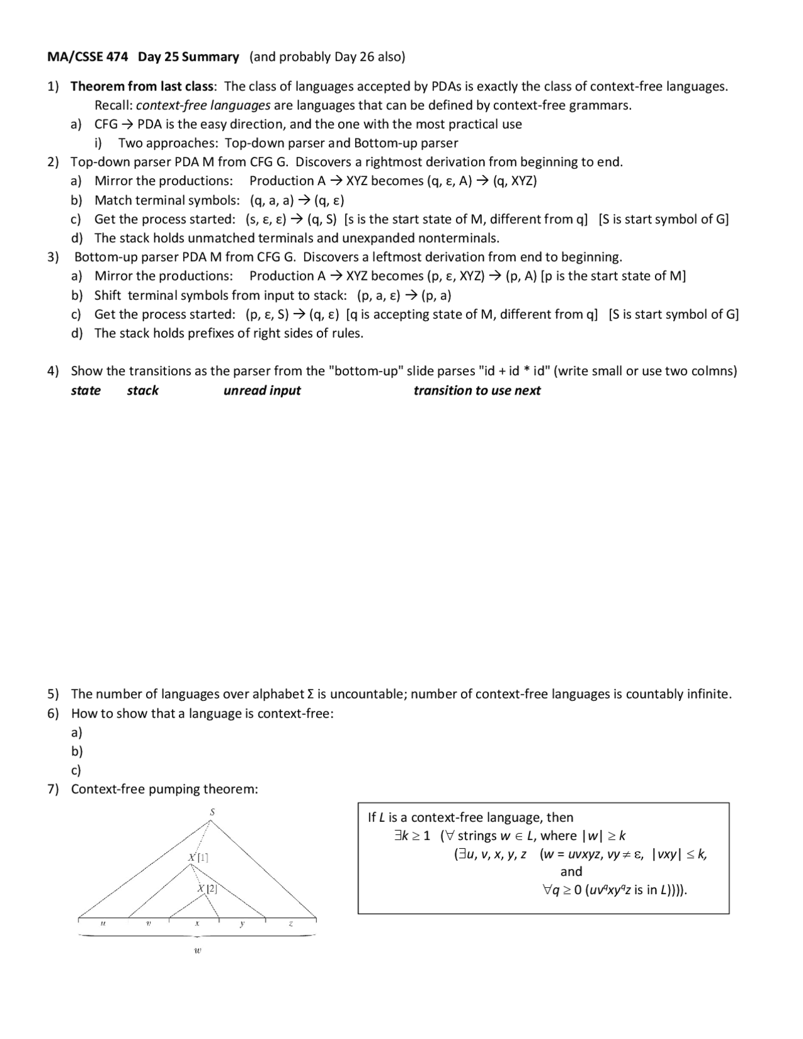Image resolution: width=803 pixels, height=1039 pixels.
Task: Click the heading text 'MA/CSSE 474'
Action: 87,57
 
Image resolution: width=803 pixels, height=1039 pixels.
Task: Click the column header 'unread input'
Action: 262,390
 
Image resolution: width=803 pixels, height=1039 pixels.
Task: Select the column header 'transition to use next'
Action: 477,390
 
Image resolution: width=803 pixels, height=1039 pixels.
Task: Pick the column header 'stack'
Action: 142,390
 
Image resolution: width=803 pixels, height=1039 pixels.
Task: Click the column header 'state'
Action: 86,390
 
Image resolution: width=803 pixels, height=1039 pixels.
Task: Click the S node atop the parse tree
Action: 212,812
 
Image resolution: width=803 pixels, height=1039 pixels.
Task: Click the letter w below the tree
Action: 198,951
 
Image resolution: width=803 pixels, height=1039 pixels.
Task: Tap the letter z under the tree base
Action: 290,924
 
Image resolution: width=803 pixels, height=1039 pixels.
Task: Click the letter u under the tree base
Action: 103,924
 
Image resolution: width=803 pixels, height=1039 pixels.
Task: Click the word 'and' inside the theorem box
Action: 571,871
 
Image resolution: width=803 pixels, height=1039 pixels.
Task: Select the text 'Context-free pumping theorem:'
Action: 164,789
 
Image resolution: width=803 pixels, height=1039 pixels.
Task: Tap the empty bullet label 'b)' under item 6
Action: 77,751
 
